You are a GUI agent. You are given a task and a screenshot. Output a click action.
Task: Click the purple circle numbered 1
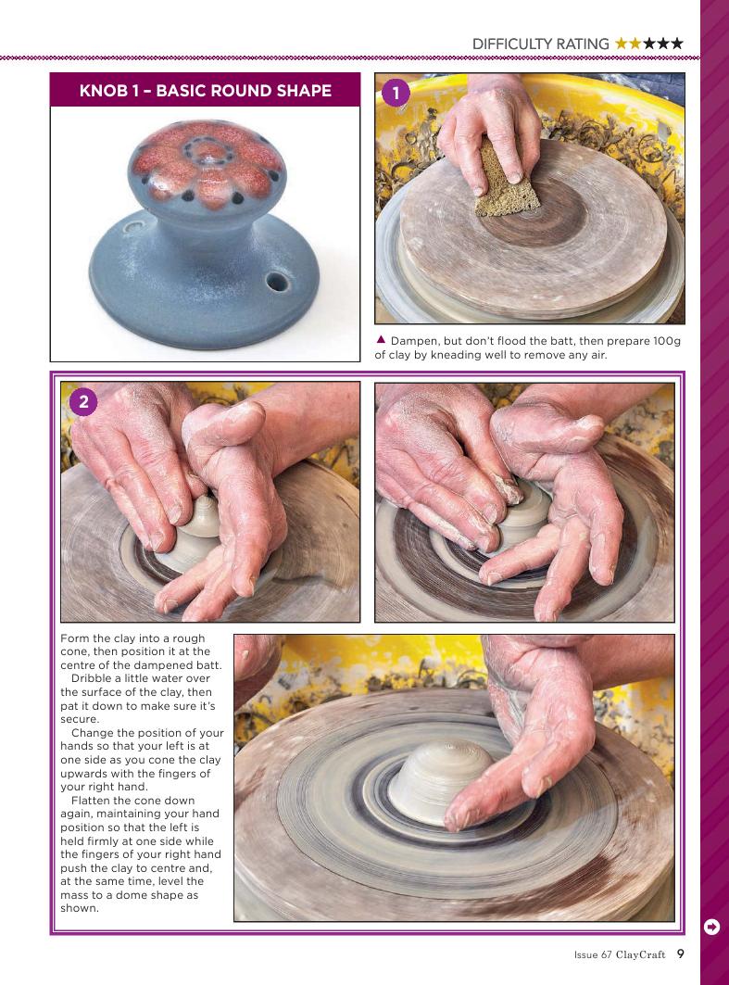[x=395, y=93]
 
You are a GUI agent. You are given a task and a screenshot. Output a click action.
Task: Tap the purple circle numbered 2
[x=83, y=401]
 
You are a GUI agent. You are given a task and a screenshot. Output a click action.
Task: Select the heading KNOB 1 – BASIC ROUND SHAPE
[x=206, y=91]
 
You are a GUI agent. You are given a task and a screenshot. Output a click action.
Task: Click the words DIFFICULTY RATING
[x=541, y=44]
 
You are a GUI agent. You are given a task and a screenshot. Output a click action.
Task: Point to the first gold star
[x=622, y=44]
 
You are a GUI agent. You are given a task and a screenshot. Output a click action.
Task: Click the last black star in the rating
[x=676, y=44]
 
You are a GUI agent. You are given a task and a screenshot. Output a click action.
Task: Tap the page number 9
[x=680, y=953]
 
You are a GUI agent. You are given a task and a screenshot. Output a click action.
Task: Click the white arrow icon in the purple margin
[x=712, y=927]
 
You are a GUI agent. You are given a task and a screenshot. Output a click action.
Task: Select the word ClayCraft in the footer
[x=640, y=954]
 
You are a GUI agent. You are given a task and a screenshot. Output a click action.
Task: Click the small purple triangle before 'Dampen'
[x=381, y=339]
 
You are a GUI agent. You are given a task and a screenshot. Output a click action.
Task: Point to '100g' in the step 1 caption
[x=666, y=341]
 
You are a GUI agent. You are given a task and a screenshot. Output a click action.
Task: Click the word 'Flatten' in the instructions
[x=89, y=801]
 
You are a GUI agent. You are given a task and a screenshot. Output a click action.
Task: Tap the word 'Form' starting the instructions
[x=75, y=638]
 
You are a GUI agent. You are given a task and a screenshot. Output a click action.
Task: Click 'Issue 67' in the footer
[x=593, y=954]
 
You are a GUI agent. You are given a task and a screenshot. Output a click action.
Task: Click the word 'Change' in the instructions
[x=92, y=733]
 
